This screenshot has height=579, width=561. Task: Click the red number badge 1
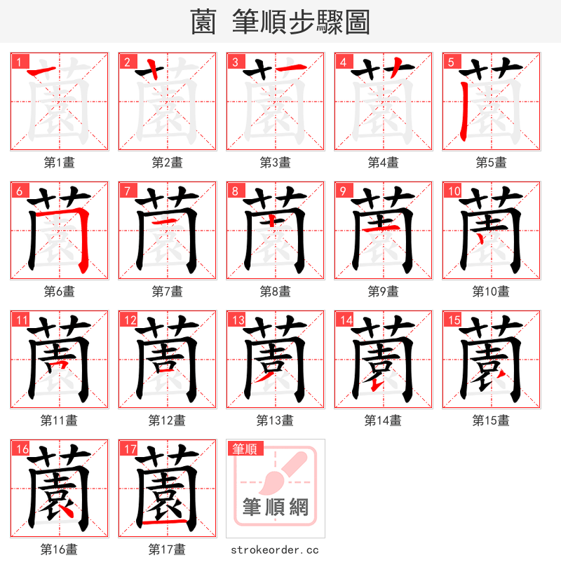(18, 62)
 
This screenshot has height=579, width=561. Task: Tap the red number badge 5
(450, 62)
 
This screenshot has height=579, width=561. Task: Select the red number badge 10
(453, 191)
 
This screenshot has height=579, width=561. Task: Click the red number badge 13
(237, 320)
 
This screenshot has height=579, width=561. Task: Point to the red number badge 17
(129, 449)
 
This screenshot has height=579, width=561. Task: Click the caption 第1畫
(59, 163)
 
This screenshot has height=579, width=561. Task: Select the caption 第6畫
(59, 292)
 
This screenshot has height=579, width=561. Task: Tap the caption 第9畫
(383, 292)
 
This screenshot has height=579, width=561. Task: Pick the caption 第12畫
(167, 421)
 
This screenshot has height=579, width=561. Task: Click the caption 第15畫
(491, 421)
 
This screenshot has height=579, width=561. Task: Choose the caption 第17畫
(167, 550)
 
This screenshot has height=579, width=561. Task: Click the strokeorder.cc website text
(275, 550)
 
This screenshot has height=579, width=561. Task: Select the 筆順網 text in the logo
(275, 507)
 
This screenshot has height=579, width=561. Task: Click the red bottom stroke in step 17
(168, 523)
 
